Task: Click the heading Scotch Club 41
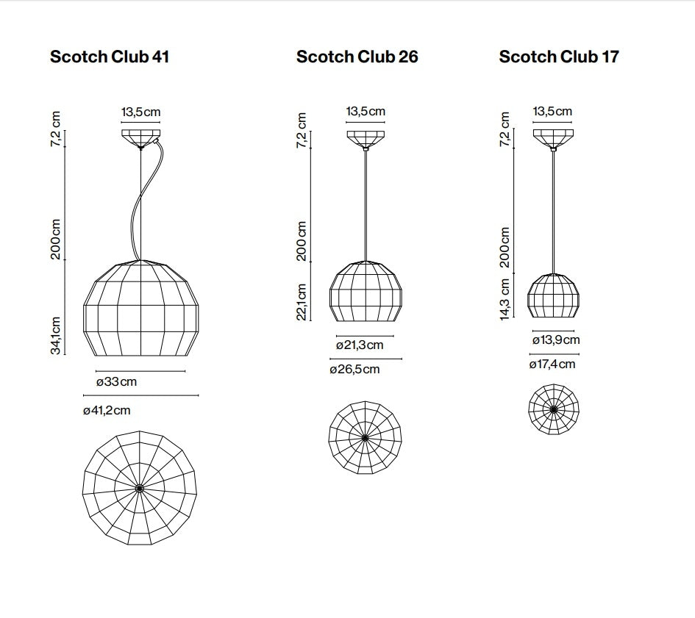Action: (x=110, y=57)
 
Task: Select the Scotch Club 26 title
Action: (x=357, y=57)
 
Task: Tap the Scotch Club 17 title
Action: (x=559, y=57)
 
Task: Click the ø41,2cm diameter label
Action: (x=107, y=410)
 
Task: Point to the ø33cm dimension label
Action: (x=116, y=382)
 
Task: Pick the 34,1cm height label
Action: (x=56, y=334)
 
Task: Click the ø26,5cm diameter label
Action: (x=354, y=369)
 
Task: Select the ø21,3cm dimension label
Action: (x=360, y=345)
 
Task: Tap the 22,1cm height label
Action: (x=302, y=301)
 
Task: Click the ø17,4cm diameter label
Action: (x=552, y=364)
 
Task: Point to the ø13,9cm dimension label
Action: (x=556, y=339)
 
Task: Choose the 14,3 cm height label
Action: (x=505, y=298)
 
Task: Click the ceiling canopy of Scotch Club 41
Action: (x=140, y=137)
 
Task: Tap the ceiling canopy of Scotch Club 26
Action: (x=366, y=138)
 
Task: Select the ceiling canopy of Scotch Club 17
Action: (x=553, y=138)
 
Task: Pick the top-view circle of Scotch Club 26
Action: (x=365, y=438)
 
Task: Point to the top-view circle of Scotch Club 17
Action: (x=553, y=409)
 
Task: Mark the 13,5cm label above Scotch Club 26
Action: (x=366, y=112)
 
